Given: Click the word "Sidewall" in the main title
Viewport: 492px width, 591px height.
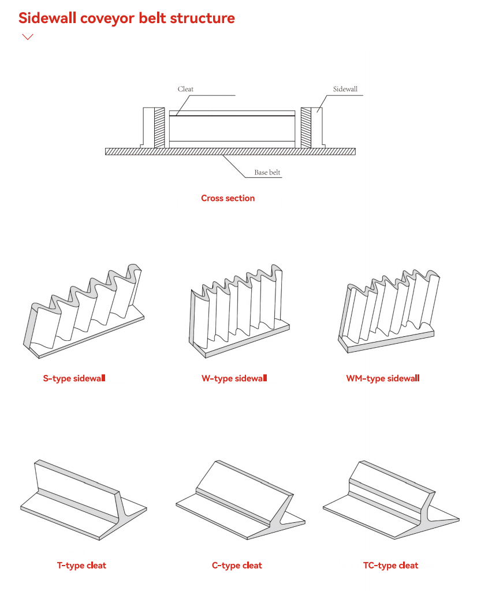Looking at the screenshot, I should (x=47, y=18).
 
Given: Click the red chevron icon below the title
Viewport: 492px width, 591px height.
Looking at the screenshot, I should (x=27, y=37).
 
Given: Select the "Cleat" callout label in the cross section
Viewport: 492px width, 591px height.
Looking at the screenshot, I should (x=185, y=89).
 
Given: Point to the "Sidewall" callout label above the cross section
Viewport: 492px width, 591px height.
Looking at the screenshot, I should (x=345, y=89).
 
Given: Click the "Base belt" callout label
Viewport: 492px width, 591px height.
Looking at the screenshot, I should (x=267, y=173).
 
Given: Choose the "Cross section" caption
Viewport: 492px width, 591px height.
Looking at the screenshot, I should (x=228, y=198).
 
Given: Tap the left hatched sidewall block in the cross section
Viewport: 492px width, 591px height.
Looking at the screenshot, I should (x=160, y=127).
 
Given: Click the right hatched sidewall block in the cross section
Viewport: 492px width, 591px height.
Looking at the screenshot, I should (x=305, y=127).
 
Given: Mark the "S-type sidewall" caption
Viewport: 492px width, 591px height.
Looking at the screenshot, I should (x=74, y=379).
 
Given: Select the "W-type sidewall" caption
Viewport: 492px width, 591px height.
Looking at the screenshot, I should (x=234, y=378).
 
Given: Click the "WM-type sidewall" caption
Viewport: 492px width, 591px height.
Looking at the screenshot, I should (x=382, y=378).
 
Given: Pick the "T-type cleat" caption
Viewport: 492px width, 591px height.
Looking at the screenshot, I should (x=81, y=566).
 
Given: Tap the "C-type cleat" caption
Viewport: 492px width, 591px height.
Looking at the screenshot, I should (x=237, y=566).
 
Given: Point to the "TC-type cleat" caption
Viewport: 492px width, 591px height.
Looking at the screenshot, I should (x=390, y=566).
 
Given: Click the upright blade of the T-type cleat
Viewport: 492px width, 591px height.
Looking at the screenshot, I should (x=75, y=482).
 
